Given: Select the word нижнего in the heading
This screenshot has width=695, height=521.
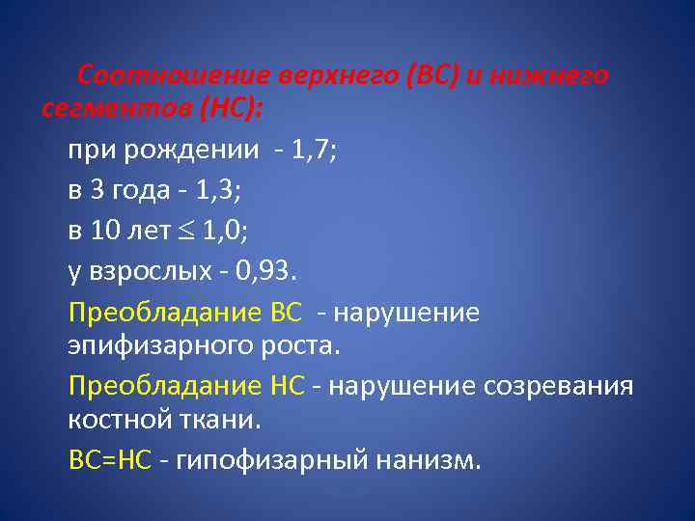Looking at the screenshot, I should (548, 75).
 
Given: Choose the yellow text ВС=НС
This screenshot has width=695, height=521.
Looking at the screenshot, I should (110, 460).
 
